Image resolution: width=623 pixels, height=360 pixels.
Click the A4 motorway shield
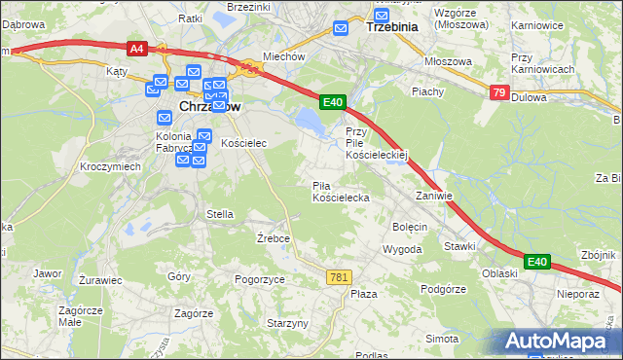coord(136,47)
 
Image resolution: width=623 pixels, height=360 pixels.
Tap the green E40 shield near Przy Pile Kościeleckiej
coord(333,101)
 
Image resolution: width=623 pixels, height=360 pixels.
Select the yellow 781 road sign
coord(338,277)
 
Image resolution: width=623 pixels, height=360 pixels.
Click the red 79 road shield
coord(498,92)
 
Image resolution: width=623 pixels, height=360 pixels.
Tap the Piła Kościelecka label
coord(340,191)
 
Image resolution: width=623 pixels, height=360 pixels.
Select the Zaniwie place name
coord(434,196)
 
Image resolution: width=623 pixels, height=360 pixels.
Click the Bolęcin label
coord(409,227)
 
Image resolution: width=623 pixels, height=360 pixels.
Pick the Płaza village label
coord(363,294)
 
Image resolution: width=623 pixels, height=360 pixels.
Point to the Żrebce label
coord(274,237)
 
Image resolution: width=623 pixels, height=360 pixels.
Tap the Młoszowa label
coord(448,61)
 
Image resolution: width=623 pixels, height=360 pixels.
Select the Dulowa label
coord(529,97)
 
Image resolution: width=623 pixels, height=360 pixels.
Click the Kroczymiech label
coord(111,166)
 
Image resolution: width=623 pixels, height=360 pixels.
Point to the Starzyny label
coord(287,323)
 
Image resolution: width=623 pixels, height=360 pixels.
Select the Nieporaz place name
coord(577,292)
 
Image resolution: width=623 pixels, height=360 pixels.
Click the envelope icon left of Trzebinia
coord(341,28)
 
